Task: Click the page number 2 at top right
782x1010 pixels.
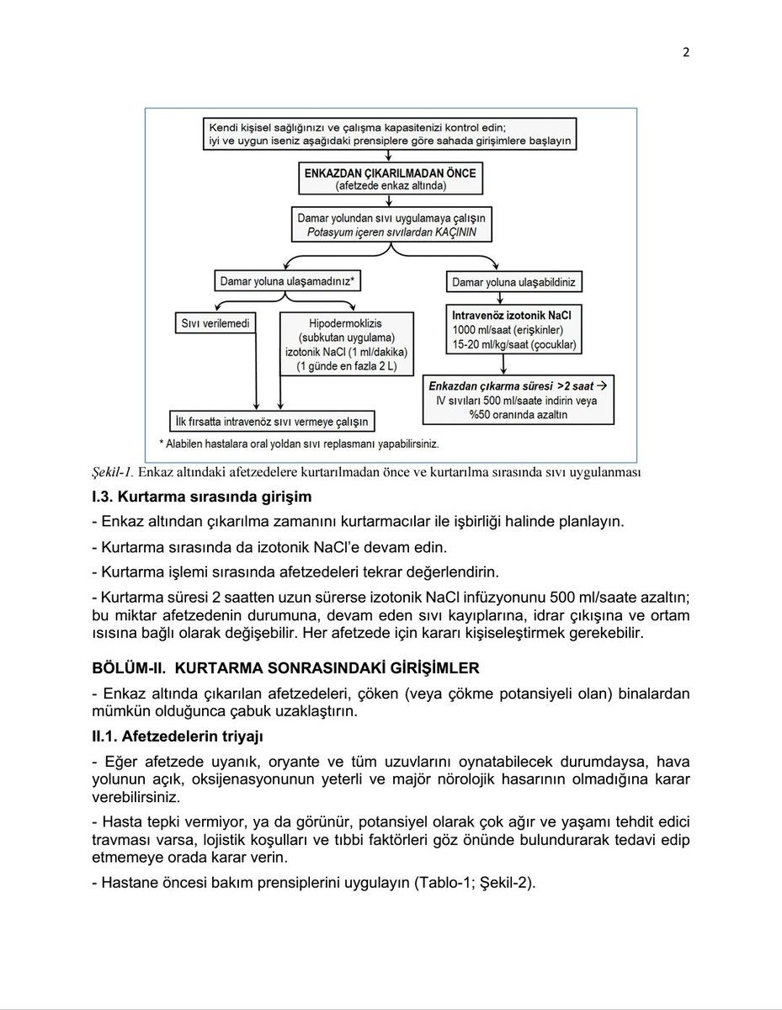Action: coord(685,52)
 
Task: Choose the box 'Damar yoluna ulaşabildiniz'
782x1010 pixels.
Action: coord(513,283)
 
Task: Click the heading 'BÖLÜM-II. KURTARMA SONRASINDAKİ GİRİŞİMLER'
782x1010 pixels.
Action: coord(285,668)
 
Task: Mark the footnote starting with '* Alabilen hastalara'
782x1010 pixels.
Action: coord(298,442)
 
